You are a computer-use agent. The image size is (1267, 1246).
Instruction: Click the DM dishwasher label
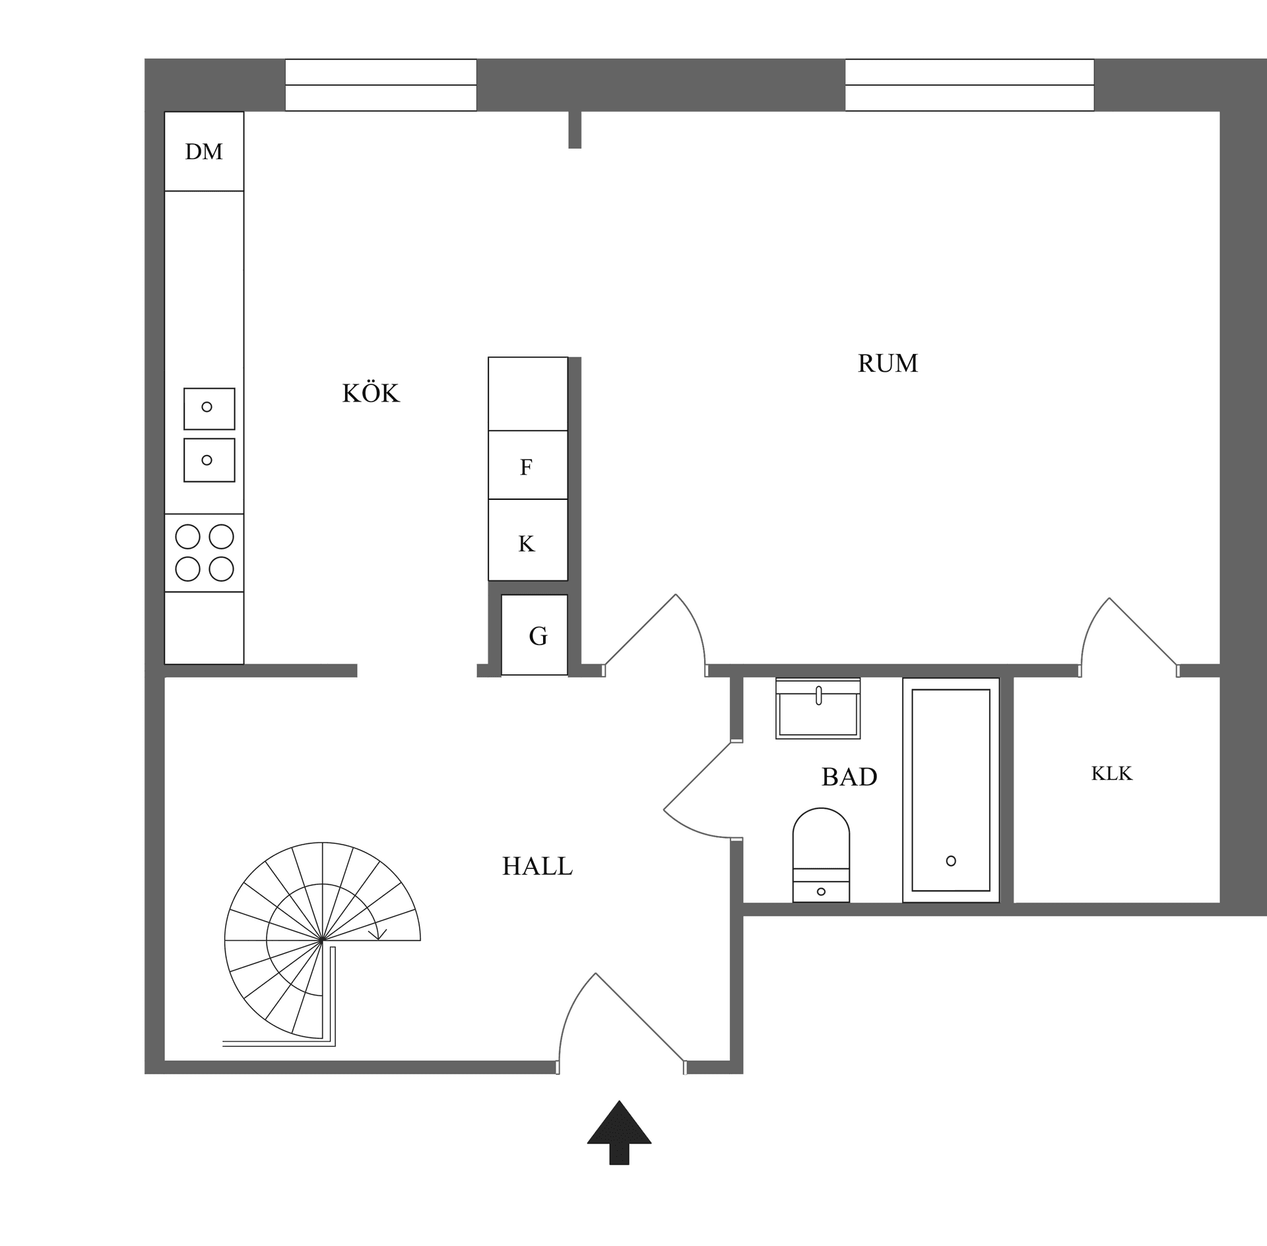click(204, 152)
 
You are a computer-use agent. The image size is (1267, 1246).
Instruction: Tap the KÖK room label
click(370, 394)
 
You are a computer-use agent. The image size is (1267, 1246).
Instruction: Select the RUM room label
click(888, 363)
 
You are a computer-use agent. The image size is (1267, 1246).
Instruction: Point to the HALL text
click(537, 866)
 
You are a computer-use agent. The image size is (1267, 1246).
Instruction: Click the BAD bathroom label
click(849, 777)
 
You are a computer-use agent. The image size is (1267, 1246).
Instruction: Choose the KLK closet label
click(1111, 773)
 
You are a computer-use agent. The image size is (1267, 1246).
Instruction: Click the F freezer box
click(527, 466)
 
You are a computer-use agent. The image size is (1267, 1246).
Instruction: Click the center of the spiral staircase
click(322, 940)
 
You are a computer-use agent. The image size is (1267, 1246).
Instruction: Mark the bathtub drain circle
click(951, 861)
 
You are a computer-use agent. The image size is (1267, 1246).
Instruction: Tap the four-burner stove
click(204, 553)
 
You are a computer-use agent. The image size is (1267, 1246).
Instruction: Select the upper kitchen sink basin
click(209, 408)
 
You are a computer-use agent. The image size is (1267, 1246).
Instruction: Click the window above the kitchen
click(381, 85)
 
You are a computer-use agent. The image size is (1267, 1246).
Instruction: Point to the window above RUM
click(969, 85)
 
